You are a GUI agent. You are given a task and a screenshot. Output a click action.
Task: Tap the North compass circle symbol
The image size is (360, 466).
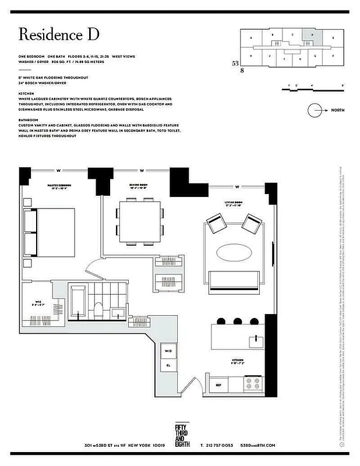[x=316, y=110]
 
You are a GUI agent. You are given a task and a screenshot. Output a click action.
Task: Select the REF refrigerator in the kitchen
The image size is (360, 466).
[x=218, y=384]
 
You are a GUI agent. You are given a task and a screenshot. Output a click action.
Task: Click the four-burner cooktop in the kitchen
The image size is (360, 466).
[x=254, y=384]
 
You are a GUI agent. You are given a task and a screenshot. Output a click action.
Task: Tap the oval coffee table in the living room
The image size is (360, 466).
[x=235, y=254]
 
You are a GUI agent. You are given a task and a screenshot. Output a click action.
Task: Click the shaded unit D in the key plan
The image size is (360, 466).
[x=312, y=35]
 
